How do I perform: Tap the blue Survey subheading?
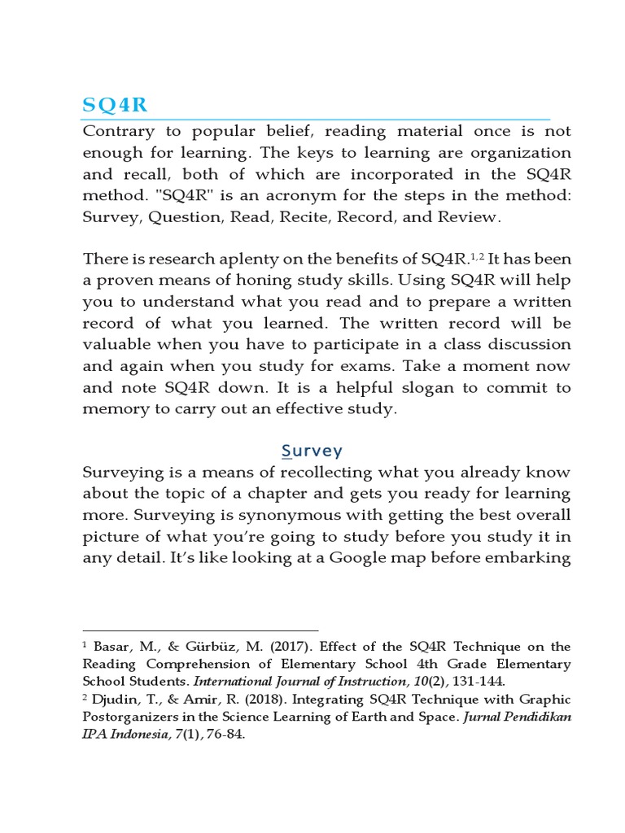[x=312, y=450]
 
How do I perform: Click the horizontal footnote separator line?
[x=200, y=630]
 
